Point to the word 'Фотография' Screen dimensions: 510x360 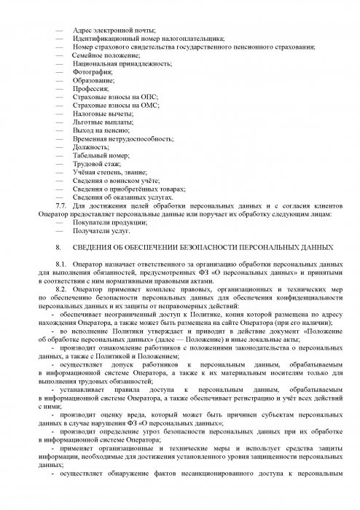pyautogui.click(x=92, y=73)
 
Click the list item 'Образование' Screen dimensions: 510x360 pyautogui.click(x=93, y=82)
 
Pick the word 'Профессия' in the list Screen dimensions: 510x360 pyautogui.click(x=91, y=90)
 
